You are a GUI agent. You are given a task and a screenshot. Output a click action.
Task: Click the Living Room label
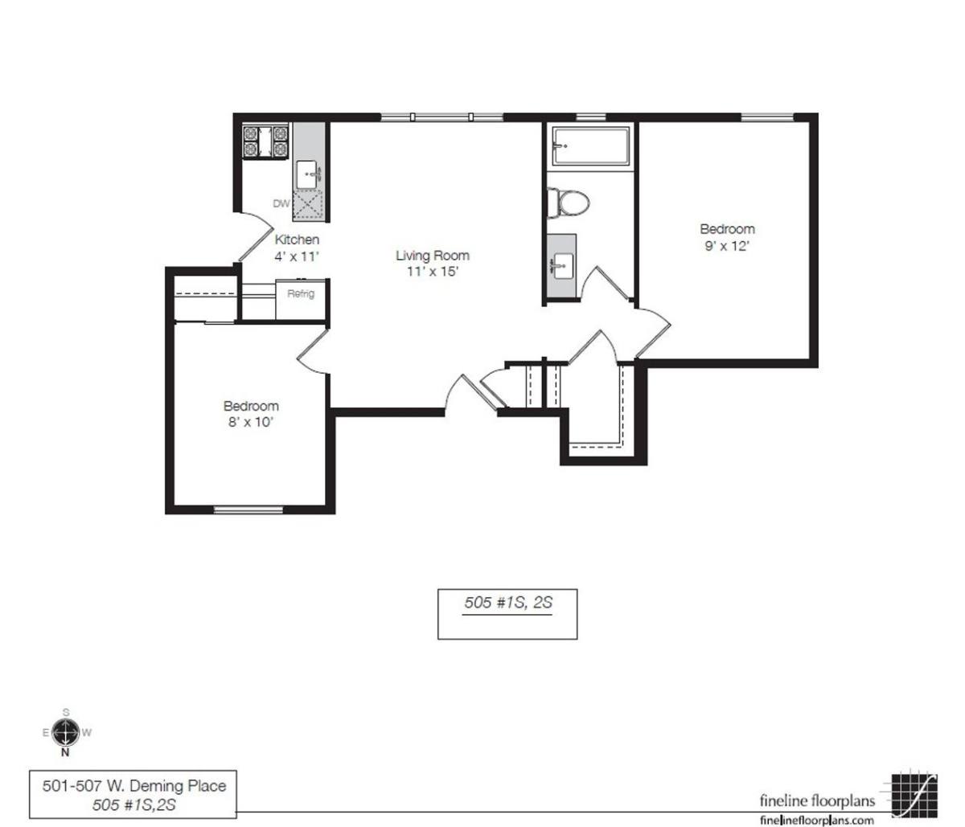[x=433, y=256]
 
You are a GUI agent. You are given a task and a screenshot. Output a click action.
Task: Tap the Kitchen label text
[x=297, y=240]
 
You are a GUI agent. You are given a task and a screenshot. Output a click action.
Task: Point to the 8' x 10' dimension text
[x=250, y=422]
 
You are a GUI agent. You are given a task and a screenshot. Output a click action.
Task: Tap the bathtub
[x=591, y=145]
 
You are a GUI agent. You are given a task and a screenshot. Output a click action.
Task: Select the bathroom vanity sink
[x=563, y=266]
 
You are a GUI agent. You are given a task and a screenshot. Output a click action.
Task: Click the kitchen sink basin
[x=307, y=174]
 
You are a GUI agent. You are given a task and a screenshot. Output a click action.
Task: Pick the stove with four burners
[x=265, y=142]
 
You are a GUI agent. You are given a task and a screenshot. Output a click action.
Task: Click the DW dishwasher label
[x=281, y=203]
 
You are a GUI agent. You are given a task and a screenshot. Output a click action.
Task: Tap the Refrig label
[x=301, y=293]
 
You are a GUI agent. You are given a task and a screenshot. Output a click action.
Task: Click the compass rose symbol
[x=65, y=733]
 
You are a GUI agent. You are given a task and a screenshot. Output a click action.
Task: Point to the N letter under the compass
[x=65, y=752]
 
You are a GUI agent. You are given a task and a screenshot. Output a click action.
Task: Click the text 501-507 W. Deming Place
[x=134, y=786]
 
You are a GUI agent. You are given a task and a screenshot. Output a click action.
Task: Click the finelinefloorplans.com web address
[x=817, y=820]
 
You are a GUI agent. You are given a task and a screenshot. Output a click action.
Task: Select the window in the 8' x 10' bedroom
[x=248, y=510]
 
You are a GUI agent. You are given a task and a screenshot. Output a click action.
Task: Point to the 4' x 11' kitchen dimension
[x=297, y=256]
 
